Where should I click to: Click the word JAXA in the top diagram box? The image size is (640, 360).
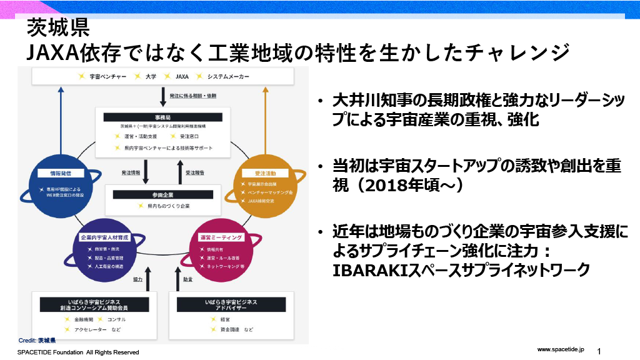click(182, 76)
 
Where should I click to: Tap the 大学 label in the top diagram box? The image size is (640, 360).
click(151, 76)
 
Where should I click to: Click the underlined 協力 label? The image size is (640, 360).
click(138, 279)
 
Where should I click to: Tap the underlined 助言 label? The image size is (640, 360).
click(187, 279)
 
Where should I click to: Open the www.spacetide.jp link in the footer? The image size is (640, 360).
click(560, 347)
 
